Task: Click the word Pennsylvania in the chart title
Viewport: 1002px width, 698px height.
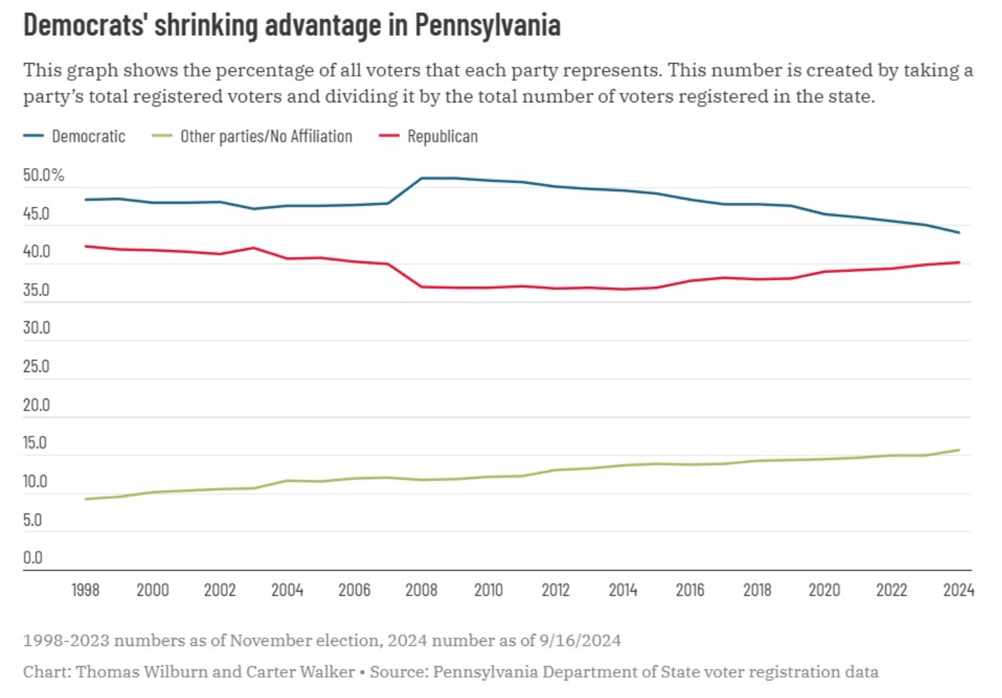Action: click(487, 26)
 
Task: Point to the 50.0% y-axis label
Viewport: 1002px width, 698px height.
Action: click(43, 176)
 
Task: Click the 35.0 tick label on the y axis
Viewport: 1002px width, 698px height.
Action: click(36, 290)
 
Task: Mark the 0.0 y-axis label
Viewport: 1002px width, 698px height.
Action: click(33, 558)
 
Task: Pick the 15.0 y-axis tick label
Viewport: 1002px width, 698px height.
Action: click(35, 443)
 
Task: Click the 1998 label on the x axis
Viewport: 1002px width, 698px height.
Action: click(85, 590)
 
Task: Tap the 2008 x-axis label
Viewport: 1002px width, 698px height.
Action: click(421, 590)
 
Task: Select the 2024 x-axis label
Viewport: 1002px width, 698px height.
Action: click(959, 590)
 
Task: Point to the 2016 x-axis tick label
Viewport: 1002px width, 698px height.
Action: click(690, 590)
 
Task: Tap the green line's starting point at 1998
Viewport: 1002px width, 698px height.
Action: click(85, 499)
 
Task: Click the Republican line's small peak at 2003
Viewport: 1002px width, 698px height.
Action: click(254, 247)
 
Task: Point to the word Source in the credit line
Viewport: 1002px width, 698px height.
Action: click(396, 672)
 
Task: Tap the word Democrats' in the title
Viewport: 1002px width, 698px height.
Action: click(84, 26)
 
